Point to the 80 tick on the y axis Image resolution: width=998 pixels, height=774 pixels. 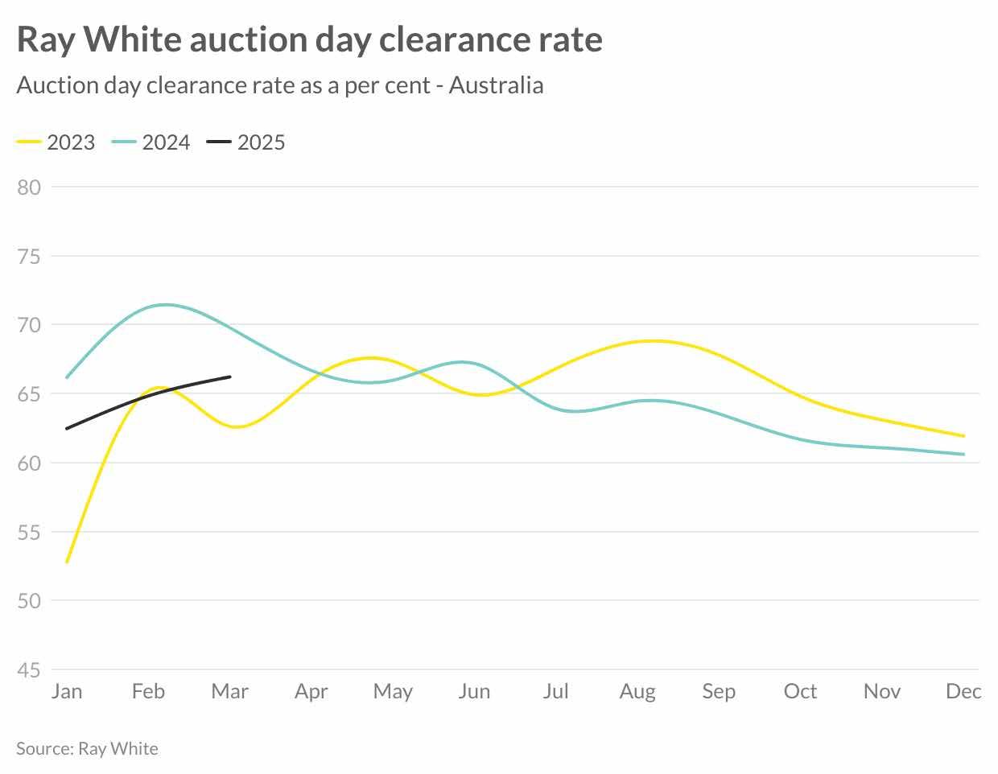pos(29,187)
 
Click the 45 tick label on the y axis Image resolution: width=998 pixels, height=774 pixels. pos(29,670)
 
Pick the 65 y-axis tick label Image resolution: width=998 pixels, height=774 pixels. pos(29,394)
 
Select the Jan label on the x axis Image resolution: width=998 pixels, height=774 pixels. pos(67,691)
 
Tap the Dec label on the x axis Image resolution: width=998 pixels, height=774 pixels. pos(963,691)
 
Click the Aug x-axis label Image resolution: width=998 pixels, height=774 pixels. pos(637,691)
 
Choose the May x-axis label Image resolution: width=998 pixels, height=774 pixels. pos(393,691)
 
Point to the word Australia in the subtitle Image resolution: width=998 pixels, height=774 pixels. pos(496,85)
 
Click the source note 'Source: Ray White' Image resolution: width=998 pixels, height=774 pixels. pos(87,748)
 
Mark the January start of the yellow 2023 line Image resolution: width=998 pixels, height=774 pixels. pos(67,562)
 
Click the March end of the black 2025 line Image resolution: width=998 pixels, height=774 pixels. pos(230,377)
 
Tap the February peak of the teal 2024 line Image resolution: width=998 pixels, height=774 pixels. pos(165,304)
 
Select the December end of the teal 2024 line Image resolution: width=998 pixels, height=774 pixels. pos(963,455)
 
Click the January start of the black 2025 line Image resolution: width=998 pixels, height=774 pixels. pos(67,428)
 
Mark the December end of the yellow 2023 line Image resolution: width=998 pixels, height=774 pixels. pos(963,436)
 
